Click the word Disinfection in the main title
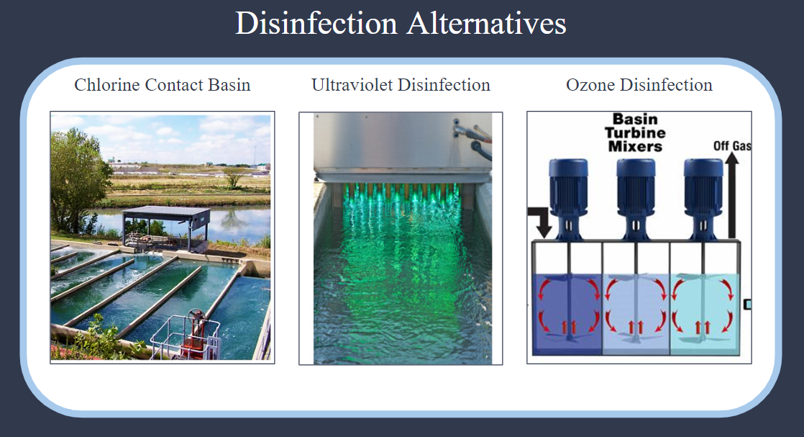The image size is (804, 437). click(316, 23)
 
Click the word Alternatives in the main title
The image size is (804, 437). click(487, 23)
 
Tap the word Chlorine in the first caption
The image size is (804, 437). click(107, 85)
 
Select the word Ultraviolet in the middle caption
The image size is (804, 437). click(350, 85)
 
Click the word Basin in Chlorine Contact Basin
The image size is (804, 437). click(229, 85)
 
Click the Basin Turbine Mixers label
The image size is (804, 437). click(635, 132)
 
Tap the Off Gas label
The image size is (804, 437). click(732, 146)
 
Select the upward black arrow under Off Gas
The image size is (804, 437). click(732, 195)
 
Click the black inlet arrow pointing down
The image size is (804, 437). click(542, 220)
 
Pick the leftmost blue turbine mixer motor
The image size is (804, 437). click(568, 199)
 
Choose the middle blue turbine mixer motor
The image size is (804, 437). click(636, 199)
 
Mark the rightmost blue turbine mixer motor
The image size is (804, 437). click(703, 199)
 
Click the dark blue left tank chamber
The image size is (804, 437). click(567, 314)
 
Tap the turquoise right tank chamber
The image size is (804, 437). click(705, 314)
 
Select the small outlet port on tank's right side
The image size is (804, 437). click(748, 305)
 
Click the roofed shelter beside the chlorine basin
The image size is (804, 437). click(165, 227)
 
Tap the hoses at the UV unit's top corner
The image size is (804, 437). click(472, 137)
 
